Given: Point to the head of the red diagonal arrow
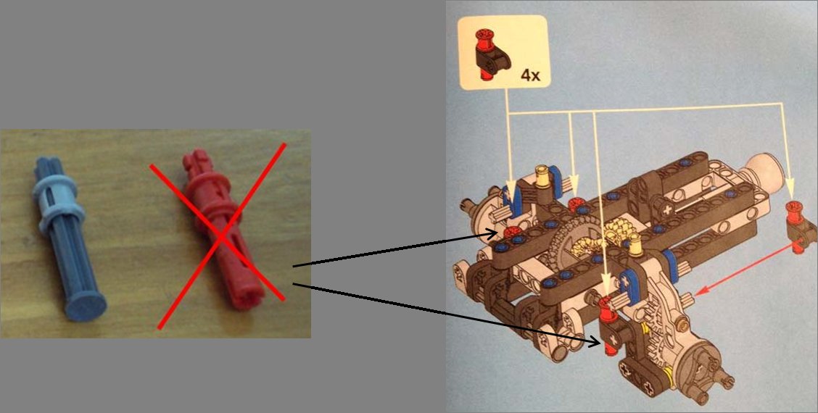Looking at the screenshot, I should (695, 293).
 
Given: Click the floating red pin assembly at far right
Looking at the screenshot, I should (795, 226).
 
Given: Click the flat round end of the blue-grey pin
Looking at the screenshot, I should (85, 308).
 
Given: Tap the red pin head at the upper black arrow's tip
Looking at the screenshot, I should (514, 231).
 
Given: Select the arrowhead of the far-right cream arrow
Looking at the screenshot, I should (789, 194).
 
